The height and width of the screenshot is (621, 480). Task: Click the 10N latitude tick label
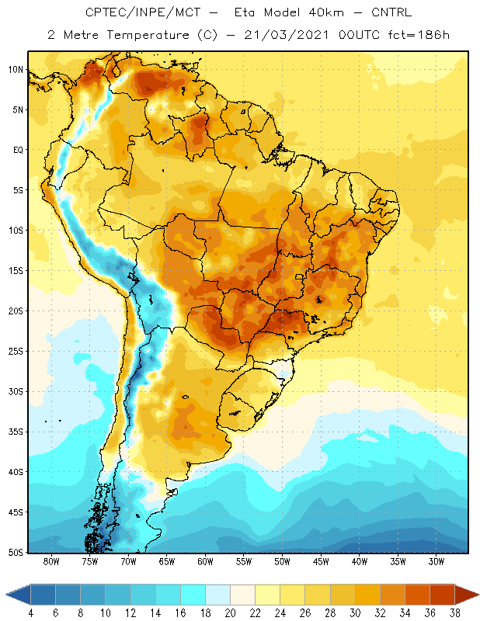tap(16, 70)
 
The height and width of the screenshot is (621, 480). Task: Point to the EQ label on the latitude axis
tap(18, 150)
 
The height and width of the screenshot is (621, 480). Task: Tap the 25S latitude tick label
tap(16, 352)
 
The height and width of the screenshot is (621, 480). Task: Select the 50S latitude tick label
tap(16, 553)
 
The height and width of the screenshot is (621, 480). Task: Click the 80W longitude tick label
tap(51, 561)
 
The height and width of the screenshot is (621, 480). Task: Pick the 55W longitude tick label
tap(244, 561)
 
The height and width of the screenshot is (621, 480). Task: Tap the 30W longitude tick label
tap(437, 561)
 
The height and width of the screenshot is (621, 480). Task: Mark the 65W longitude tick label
tap(167, 561)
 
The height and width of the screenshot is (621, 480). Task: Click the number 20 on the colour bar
tap(230, 613)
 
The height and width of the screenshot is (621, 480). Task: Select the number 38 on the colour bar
tap(454, 613)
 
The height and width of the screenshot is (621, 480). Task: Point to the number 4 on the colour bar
tap(31, 613)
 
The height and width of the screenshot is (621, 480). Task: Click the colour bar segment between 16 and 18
tap(193, 594)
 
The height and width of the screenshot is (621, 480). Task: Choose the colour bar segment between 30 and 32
tap(367, 594)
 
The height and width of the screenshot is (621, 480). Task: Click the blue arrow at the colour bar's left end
tap(18, 594)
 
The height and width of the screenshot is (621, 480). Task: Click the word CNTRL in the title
tap(391, 12)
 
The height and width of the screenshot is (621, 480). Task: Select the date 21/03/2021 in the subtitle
tap(287, 35)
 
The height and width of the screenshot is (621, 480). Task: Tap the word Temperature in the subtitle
tap(148, 35)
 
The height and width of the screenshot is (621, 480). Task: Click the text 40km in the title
tap(326, 12)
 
